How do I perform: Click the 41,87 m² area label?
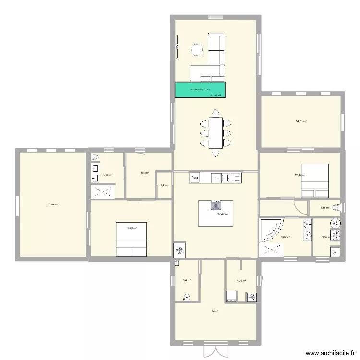pyautogui.click(x=216, y=95)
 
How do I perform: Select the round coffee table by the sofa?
pyautogui.click(x=197, y=49)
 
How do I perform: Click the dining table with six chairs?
pyautogui.click(x=215, y=133)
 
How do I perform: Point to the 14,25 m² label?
pyautogui.click(x=301, y=121)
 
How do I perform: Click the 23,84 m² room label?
pyautogui.click(x=52, y=204)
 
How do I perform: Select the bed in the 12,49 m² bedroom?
pyautogui.click(x=315, y=180)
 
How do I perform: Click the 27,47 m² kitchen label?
pyautogui.click(x=223, y=215)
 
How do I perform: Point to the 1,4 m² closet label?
pyautogui.click(x=164, y=185)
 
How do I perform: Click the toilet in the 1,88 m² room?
pyautogui.click(x=339, y=207)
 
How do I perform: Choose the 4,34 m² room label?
pyautogui.click(x=241, y=281)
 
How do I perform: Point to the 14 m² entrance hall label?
pyautogui.click(x=215, y=312)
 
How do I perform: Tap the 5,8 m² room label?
pyautogui.click(x=144, y=173)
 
